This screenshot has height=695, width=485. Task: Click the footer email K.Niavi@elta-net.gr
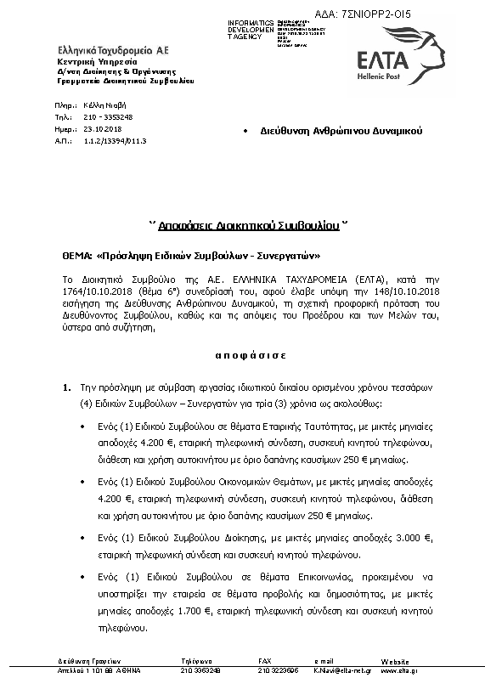(x=337, y=670)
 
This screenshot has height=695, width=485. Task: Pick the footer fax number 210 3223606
(x=278, y=670)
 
